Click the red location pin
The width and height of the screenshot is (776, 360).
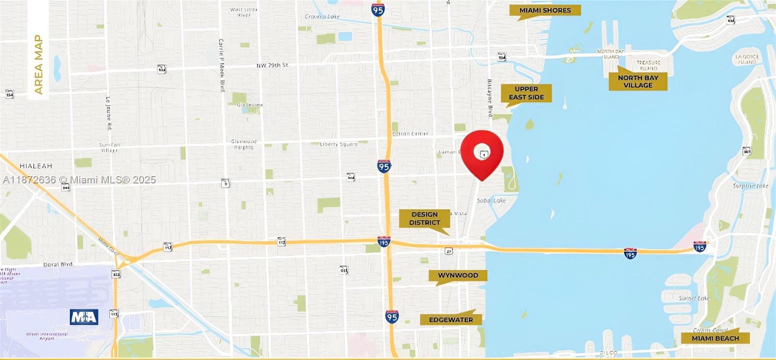pos(482,152)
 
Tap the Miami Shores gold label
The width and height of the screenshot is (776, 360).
pos(545,10)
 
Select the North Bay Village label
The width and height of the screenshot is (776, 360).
pos(638,82)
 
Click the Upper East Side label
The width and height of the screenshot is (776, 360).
pos(526,93)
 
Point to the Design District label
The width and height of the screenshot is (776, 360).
pos(424,218)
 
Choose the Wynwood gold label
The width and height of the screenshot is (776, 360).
pos(458,275)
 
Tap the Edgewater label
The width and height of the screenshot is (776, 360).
pos(451,320)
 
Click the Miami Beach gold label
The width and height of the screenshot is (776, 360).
pos(715,338)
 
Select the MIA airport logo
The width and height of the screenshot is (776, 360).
pos(84,317)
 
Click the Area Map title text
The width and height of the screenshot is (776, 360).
pos(38,65)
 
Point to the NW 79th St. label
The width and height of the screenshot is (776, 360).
pos(273,65)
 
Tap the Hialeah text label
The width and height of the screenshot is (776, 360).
pos(36,166)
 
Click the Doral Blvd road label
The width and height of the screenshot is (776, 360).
pos(58,264)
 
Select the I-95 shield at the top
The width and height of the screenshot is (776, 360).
pos(378,10)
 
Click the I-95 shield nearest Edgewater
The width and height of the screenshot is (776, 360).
pos(392,317)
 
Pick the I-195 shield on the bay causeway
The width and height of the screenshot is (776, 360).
pos(630,253)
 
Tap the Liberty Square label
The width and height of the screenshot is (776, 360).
pos(339,144)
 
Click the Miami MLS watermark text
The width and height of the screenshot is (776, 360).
pos(80,180)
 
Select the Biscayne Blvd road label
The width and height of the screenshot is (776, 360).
pos(490,99)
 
